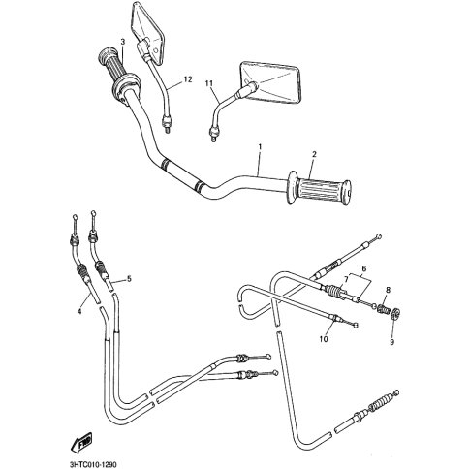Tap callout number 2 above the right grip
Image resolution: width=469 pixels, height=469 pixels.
pyautogui.click(x=314, y=154)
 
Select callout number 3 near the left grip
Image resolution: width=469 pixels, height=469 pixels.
pyautogui.click(x=122, y=42)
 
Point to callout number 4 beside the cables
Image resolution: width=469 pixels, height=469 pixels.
pyautogui.click(x=78, y=311)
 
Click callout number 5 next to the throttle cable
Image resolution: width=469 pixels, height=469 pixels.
pyautogui.click(x=129, y=278)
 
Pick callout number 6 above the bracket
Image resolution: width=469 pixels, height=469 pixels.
pyautogui.click(x=364, y=268)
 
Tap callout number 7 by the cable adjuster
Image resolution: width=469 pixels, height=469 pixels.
pyautogui.click(x=346, y=279)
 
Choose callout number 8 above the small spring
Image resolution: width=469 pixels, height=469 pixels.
pyautogui.click(x=388, y=290)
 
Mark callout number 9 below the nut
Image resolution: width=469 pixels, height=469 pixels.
pyautogui.click(x=391, y=342)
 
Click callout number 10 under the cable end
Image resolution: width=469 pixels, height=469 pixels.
pyautogui.click(x=324, y=339)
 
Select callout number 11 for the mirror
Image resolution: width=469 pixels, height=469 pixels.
pyautogui.click(x=209, y=83)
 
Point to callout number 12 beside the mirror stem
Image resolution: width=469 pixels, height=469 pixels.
pyautogui.click(x=188, y=79)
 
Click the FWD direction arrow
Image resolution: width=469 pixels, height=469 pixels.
pyautogui.click(x=81, y=442)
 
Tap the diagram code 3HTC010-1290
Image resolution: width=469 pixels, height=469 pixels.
pyautogui.click(x=93, y=465)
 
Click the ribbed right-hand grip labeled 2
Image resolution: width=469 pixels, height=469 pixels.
pyautogui.click(x=320, y=188)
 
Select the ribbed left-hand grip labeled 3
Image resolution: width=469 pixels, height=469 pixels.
pyautogui.click(x=118, y=72)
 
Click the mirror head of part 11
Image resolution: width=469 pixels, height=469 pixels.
pyautogui.click(x=270, y=83)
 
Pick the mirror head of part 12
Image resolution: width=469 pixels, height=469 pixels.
pyautogui.click(x=147, y=33)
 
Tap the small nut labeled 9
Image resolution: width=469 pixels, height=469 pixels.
pyautogui.click(x=395, y=314)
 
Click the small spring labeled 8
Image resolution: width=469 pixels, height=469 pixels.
pyautogui.click(x=383, y=307)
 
